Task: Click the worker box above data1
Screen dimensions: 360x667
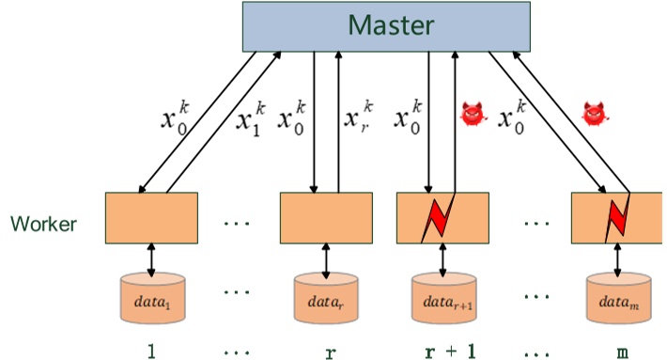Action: pyautogui.click(x=150, y=217)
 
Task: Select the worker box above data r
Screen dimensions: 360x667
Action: pyautogui.click(x=326, y=217)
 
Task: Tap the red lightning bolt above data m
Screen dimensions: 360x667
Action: pyautogui.click(x=616, y=217)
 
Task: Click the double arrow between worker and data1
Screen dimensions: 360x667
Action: pyautogui.click(x=150, y=258)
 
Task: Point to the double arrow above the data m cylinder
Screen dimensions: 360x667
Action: pyautogui.click(x=617, y=258)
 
